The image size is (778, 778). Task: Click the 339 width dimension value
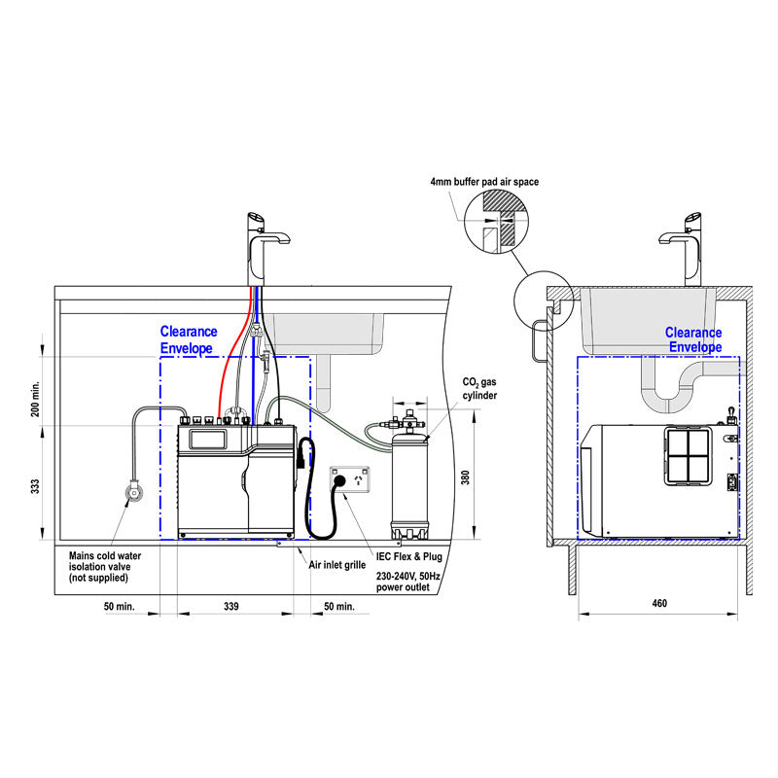231,606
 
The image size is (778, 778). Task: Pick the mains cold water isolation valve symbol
131,492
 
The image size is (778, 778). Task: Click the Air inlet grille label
337,564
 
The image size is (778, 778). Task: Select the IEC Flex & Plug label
409,561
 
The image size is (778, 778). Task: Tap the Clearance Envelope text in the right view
693,339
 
